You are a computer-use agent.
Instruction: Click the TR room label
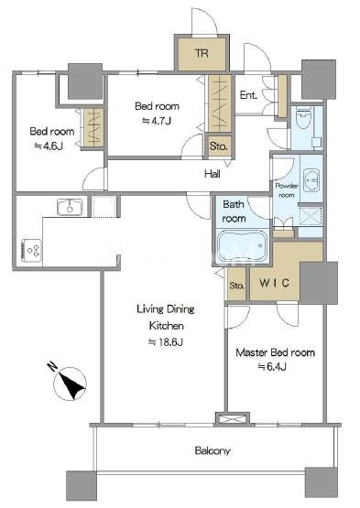click(202, 53)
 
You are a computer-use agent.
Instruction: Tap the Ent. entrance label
click(248, 95)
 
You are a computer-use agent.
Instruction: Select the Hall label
click(213, 174)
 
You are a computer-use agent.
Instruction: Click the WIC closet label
click(275, 283)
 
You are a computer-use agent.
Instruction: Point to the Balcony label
click(213, 450)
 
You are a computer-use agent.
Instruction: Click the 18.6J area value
click(166, 342)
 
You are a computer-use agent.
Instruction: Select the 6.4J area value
click(272, 366)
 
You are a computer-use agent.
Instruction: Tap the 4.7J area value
click(157, 121)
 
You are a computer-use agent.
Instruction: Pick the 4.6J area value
click(49, 146)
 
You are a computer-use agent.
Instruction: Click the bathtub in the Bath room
click(242, 245)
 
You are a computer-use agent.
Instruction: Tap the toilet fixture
click(303, 119)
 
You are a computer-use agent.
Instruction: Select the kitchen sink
click(70, 207)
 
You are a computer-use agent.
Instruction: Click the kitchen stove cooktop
click(31, 251)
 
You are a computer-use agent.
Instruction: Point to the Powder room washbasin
click(311, 179)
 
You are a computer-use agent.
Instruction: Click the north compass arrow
click(71, 384)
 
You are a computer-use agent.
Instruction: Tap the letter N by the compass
click(52, 366)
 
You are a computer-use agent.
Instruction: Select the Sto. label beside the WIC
click(236, 286)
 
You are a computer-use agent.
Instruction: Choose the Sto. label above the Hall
click(218, 146)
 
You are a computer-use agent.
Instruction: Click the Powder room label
click(287, 190)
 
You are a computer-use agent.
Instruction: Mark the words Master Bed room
click(275, 352)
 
